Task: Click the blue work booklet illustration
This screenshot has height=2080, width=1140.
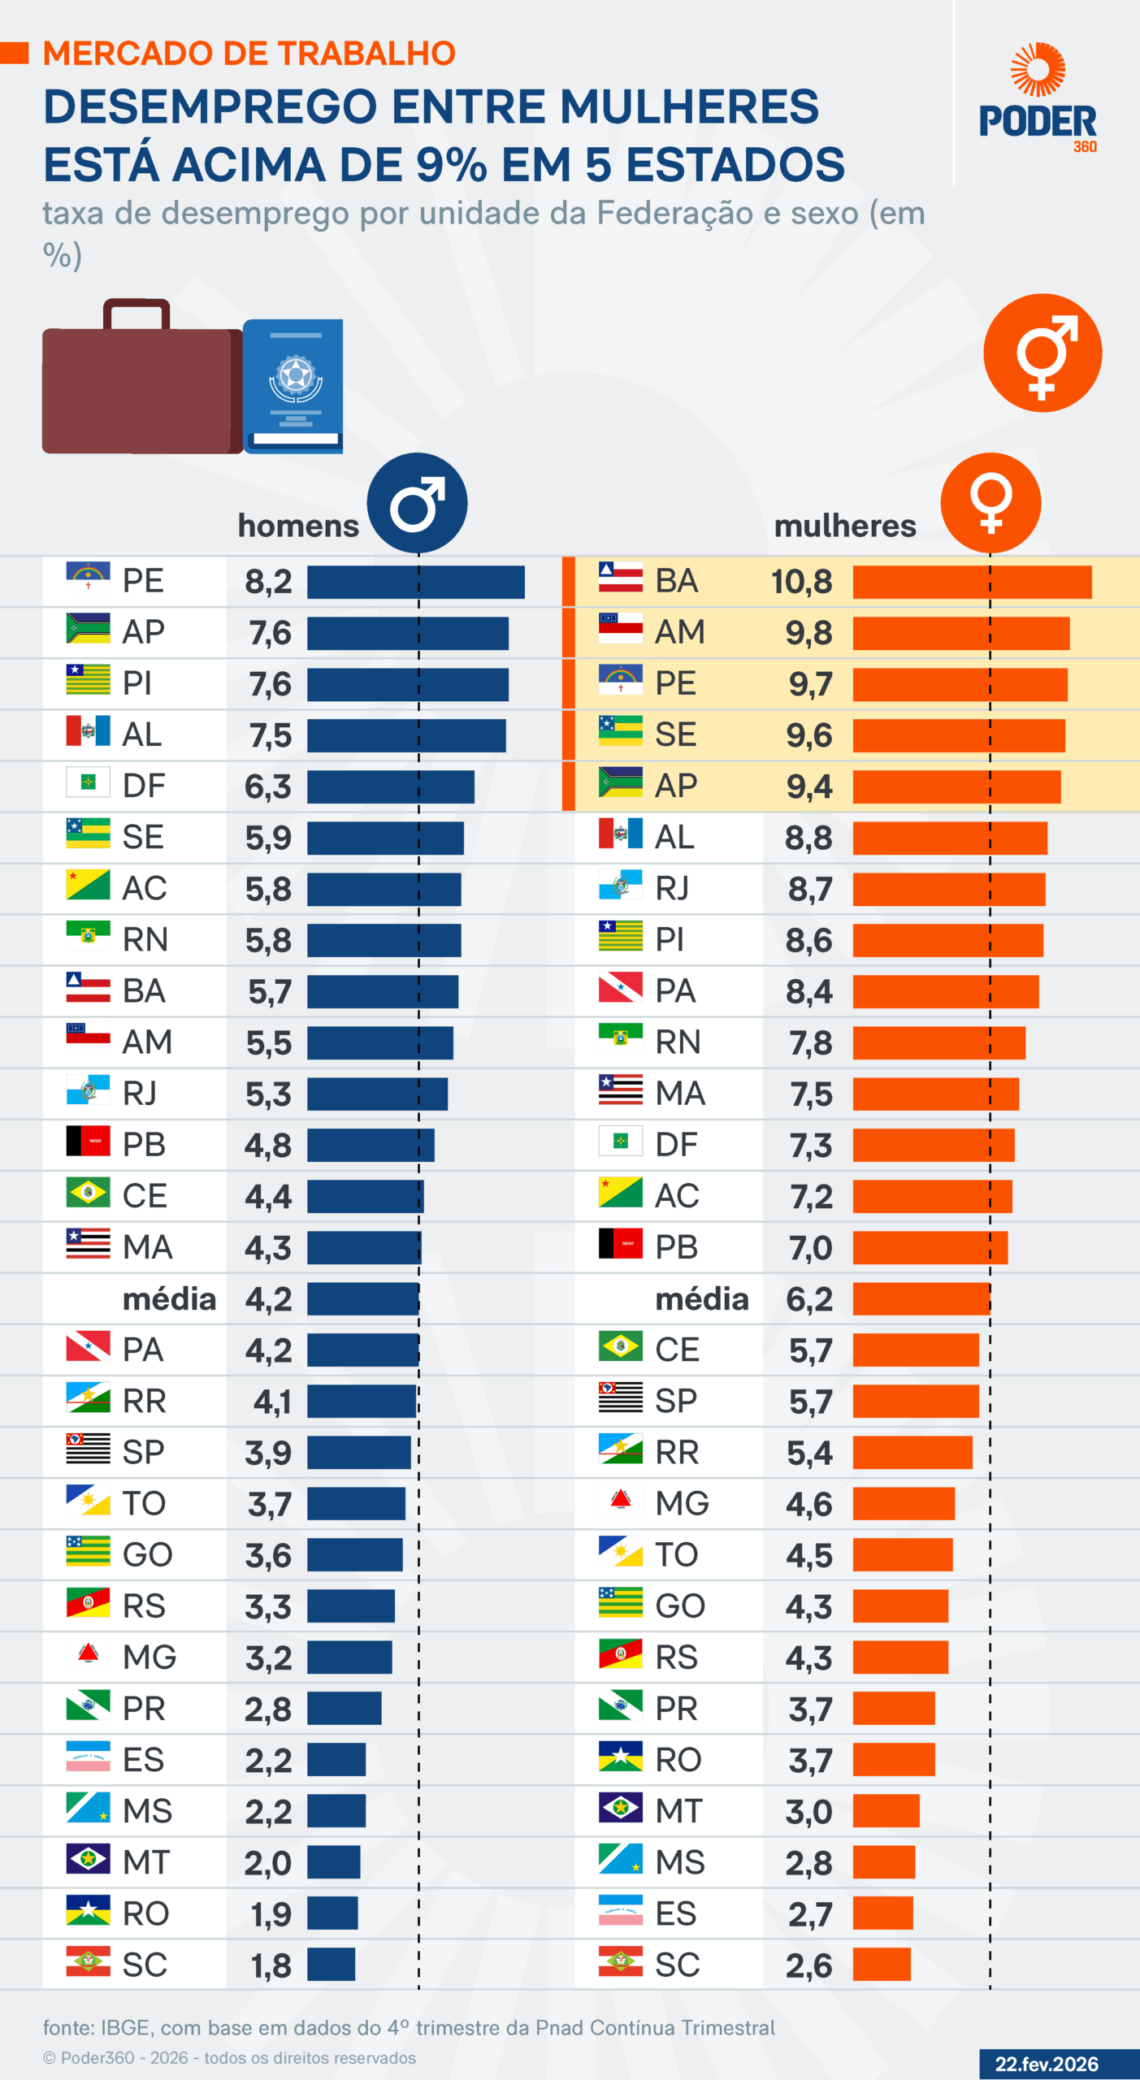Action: coord(294,385)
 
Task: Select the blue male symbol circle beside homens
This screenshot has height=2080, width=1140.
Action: coord(417,504)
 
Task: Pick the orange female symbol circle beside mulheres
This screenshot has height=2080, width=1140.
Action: coord(990,504)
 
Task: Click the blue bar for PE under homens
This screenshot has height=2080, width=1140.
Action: coord(415,583)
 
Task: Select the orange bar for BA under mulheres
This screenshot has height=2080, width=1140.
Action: coord(972,583)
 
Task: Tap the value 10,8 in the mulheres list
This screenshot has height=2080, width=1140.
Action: coord(801,583)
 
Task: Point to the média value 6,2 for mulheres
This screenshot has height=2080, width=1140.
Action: coord(809,1299)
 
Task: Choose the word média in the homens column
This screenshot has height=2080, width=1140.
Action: coord(169,1299)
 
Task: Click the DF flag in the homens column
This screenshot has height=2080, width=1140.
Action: coord(88,782)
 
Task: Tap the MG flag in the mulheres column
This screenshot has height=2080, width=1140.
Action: coord(620,1500)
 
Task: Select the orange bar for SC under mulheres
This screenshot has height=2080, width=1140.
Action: coord(882,1965)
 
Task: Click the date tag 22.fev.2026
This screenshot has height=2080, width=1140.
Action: coord(1047,2064)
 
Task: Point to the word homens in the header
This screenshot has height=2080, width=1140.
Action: coord(298,526)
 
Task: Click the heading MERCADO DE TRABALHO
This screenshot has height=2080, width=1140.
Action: coord(249,54)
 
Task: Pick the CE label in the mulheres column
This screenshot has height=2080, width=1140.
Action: coord(677,1350)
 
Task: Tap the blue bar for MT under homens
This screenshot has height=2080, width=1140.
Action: coord(333,1862)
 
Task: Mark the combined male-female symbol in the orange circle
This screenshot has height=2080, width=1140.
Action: coord(1042,353)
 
